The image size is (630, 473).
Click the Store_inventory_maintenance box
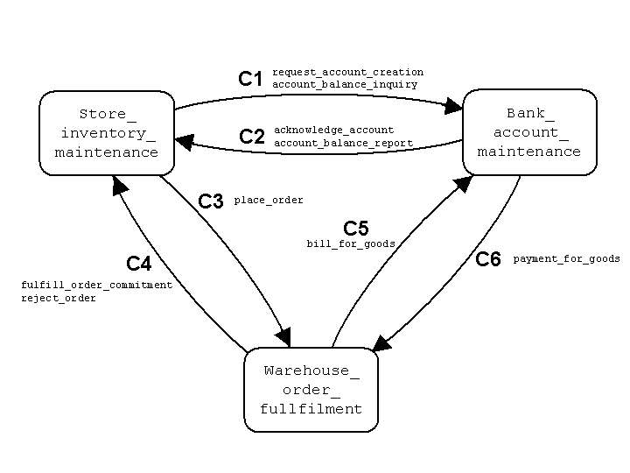pyautogui.click(x=107, y=132)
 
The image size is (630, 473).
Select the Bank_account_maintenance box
pyautogui.click(x=528, y=132)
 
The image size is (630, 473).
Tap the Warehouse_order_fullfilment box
pyautogui.click(x=311, y=390)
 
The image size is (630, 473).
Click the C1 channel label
pyautogui.click(x=251, y=79)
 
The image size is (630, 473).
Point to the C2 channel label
pyautogui.click(x=252, y=137)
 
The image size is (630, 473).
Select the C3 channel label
pyautogui.click(x=211, y=201)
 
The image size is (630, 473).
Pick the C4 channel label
pyautogui.click(x=139, y=264)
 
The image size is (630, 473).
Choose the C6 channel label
pyautogui.click(x=488, y=259)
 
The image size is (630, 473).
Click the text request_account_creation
pyautogui.click(x=347, y=72)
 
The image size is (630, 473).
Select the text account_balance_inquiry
pyautogui.click(x=345, y=84)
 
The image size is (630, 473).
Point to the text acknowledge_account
pyautogui.click(x=334, y=131)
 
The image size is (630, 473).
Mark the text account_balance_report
pyautogui.click(x=344, y=143)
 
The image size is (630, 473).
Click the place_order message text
pyautogui.click(x=269, y=201)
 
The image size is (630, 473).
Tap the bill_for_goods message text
pyautogui.click(x=351, y=244)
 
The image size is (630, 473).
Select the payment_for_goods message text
pyautogui.click(x=566, y=259)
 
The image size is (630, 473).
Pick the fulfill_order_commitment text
pyautogui.click(x=97, y=286)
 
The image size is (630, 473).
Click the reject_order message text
pyautogui.click(x=59, y=298)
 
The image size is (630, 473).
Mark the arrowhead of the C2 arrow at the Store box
pyautogui.click(x=184, y=139)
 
